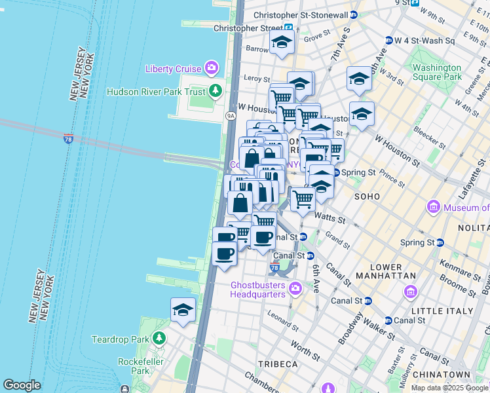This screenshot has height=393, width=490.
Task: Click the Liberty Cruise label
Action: click(x=174, y=69)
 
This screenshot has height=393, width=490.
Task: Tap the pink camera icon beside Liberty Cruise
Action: click(x=211, y=67)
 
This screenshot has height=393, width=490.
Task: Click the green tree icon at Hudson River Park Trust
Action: click(x=215, y=92)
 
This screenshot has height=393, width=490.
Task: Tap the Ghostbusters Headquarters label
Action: click(x=259, y=290)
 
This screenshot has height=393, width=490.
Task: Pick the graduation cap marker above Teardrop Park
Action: click(x=183, y=310)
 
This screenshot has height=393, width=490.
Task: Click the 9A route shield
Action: click(x=231, y=115)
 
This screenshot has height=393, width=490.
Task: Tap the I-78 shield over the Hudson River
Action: click(x=69, y=138)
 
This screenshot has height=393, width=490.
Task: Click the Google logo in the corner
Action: click(x=22, y=385)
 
